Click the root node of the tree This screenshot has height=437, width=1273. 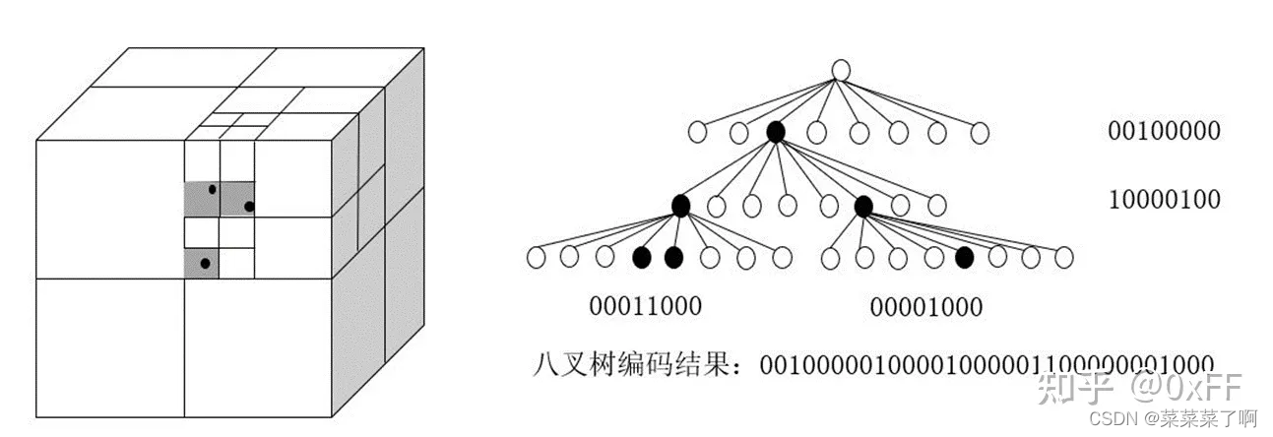pos(840,70)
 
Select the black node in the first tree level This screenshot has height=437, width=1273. pos(775,132)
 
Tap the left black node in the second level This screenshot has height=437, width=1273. pos(680,206)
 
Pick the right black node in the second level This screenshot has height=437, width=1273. pos(863,206)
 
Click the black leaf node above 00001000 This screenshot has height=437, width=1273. pos(965,258)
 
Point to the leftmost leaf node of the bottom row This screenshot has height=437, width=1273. pos(537,258)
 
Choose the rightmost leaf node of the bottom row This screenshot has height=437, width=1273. pos(1063,258)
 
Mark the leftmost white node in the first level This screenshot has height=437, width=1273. pos(697,132)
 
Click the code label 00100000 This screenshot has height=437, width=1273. pos(1164,131)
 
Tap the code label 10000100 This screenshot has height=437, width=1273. pos(1164,200)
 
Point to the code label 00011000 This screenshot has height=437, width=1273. pos(646,306)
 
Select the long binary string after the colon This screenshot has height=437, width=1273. pos(985,364)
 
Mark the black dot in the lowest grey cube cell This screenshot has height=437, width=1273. pos(204,263)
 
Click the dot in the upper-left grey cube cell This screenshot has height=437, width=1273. pos(212,189)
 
